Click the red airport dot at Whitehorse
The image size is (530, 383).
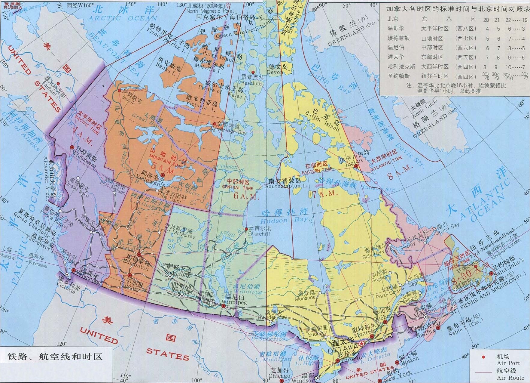click(x=72, y=147)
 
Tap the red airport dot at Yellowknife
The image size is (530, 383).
click(x=163, y=175)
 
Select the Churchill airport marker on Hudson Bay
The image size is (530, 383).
click(x=246, y=229)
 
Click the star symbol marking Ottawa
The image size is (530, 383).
click(x=361, y=344)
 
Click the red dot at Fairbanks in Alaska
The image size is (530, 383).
click(x=58, y=83)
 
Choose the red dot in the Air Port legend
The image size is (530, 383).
click(x=483, y=357)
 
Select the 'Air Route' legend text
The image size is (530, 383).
click(x=510, y=378)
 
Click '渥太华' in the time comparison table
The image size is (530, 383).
click(x=396, y=57)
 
